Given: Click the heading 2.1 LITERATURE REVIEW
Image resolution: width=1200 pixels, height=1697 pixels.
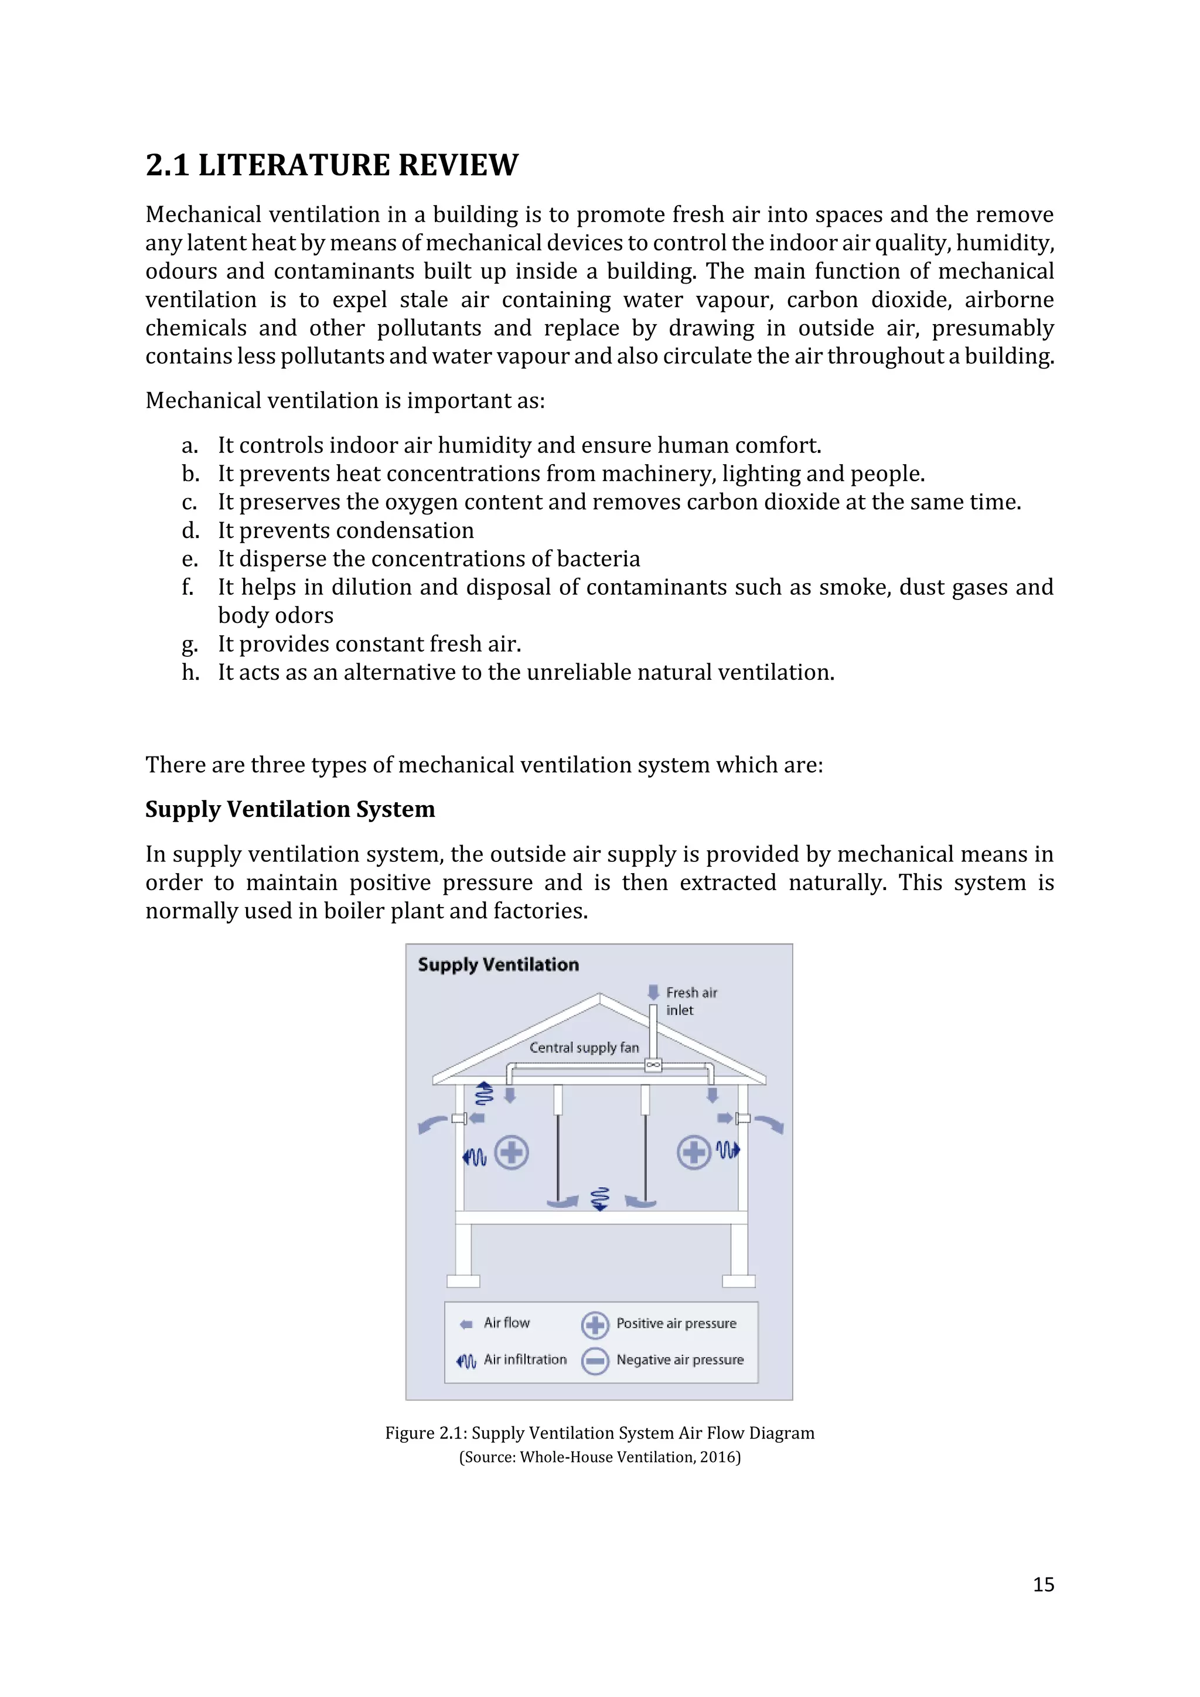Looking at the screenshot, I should (x=332, y=165).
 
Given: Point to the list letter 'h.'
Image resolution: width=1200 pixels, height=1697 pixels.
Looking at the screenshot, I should (x=190, y=672).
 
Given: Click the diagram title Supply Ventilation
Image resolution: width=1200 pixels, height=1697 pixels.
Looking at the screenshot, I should (x=498, y=965).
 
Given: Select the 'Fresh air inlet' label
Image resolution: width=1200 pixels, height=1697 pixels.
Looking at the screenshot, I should (x=691, y=1001).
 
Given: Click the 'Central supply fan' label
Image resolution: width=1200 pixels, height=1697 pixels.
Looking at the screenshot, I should (x=584, y=1047).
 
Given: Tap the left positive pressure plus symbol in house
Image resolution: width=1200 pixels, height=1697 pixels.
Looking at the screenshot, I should (x=512, y=1152).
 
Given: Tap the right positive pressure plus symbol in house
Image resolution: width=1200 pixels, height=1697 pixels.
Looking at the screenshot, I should (x=693, y=1152).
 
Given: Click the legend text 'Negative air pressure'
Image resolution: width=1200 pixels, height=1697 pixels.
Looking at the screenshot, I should (x=680, y=1359).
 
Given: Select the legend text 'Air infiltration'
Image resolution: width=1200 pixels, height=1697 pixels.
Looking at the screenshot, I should (x=524, y=1359).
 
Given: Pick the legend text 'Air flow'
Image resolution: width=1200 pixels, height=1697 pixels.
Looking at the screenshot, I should (x=506, y=1323).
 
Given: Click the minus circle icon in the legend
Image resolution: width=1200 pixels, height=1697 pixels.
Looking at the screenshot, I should (x=595, y=1361).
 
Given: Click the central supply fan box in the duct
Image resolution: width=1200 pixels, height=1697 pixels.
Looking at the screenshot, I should (x=653, y=1065).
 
